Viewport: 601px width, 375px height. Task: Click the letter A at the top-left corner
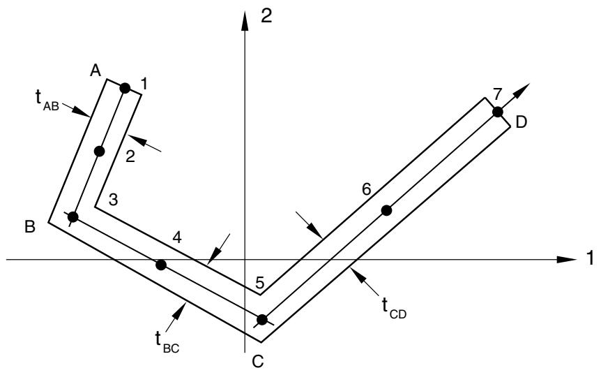pos(96,71)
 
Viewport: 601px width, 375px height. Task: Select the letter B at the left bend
pos(30,226)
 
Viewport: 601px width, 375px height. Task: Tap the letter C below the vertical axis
pos(258,361)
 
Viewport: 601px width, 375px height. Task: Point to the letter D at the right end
pos(522,122)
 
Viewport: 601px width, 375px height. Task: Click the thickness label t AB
pos(47,101)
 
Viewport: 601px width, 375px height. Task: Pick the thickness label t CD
pos(394,308)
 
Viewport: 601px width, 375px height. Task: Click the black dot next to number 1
pos(125,88)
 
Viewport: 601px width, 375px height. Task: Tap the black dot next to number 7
pos(498,112)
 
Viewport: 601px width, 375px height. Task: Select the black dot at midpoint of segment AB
pos(99,152)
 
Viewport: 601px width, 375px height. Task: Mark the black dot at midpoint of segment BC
pos(161,265)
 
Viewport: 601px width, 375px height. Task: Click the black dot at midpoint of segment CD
pos(386,210)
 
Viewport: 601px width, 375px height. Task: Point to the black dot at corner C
pos(262,319)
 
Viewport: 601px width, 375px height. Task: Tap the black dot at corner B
pos(73,217)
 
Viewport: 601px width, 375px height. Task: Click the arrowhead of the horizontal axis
pos(567,260)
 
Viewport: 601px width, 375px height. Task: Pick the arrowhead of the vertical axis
pos(245,21)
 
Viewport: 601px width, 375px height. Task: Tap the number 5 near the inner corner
pos(260,284)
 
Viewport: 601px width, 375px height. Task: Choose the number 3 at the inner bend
pos(113,200)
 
